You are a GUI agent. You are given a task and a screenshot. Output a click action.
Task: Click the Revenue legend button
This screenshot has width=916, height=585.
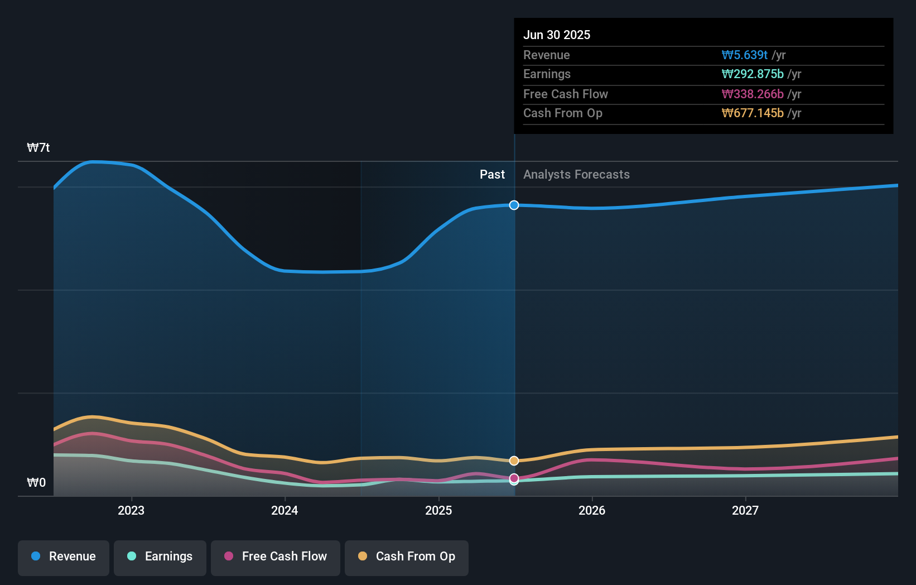tap(64, 557)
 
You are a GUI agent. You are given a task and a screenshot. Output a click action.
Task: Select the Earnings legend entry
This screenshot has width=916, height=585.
tap(160, 557)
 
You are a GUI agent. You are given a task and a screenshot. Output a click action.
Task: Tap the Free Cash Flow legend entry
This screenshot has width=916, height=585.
tap(276, 557)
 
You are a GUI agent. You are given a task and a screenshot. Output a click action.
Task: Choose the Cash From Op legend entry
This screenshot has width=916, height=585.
tap(407, 557)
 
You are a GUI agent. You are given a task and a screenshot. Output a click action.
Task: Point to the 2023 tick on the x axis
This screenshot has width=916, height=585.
tap(131, 510)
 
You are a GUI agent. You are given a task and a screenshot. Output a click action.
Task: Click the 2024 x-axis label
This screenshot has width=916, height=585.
tap(285, 510)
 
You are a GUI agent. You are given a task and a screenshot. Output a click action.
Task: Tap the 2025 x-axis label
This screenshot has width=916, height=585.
tap(438, 510)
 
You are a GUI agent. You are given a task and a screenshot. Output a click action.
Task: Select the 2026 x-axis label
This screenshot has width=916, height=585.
tap(592, 510)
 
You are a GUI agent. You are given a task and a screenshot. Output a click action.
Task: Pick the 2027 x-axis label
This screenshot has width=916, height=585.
tap(745, 510)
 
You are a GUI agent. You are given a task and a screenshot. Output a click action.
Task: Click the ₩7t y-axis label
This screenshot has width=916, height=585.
tap(38, 148)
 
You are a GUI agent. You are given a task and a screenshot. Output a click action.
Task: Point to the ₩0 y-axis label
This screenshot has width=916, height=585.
tap(36, 483)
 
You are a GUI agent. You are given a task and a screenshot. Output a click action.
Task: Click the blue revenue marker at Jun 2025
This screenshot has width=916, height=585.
tap(514, 205)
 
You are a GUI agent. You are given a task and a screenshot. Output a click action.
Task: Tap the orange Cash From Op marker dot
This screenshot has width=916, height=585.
tap(514, 461)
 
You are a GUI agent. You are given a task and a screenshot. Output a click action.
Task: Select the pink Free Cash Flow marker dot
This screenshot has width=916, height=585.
tap(514, 478)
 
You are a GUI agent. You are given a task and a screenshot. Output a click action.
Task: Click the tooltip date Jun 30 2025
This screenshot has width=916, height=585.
tap(557, 35)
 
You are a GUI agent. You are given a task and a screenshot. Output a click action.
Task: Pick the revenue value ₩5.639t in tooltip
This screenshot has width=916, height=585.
tap(745, 55)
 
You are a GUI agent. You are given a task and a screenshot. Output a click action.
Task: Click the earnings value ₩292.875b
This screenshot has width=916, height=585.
tap(753, 74)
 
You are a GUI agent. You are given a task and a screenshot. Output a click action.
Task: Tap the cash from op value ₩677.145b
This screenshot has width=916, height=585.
tap(753, 113)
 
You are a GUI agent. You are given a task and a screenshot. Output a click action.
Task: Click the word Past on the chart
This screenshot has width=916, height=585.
tap(492, 175)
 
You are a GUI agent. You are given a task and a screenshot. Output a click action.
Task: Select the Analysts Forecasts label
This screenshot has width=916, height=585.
tap(576, 175)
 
